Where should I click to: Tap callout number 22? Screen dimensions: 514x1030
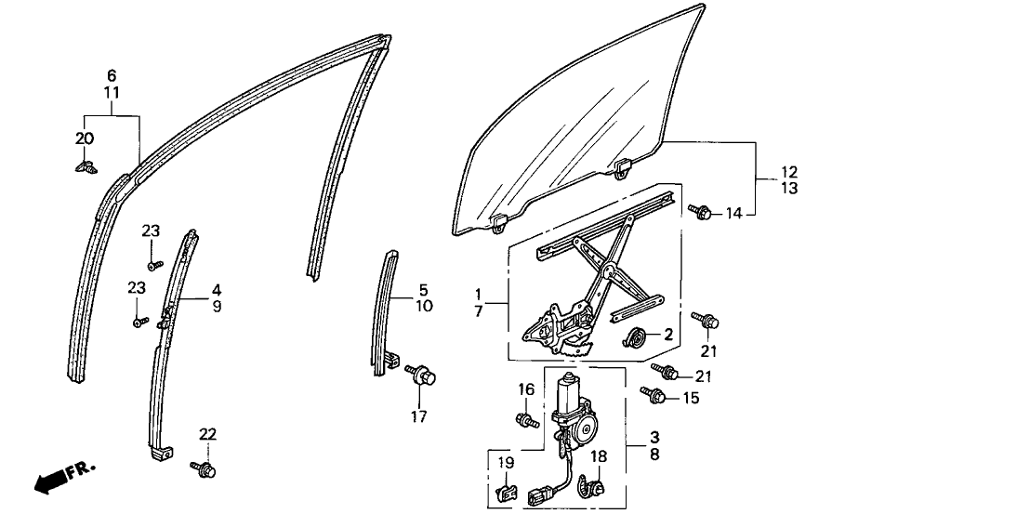point(206,434)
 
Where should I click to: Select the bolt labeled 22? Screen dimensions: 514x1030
point(205,469)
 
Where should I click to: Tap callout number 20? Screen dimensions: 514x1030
point(86,138)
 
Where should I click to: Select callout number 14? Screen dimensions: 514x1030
point(735,214)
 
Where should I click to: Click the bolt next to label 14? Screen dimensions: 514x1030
point(702,213)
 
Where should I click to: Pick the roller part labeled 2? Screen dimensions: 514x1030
point(637,337)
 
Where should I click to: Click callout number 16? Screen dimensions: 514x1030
point(525,389)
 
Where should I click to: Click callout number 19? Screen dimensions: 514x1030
point(504,462)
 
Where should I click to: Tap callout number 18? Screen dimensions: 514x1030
point(598,457)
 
